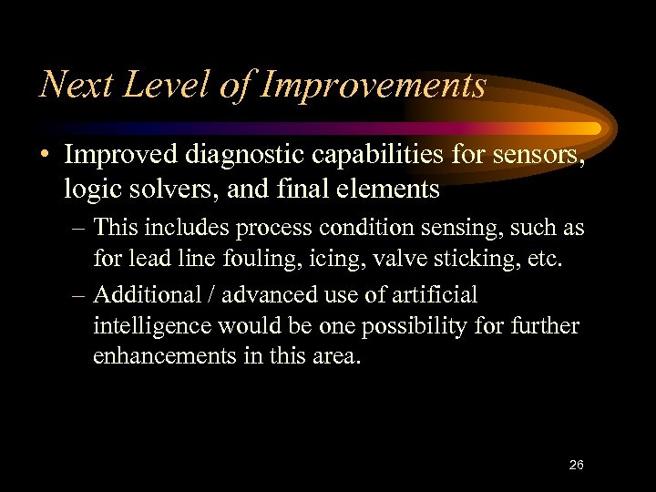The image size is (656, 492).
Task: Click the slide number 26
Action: click(576, 465)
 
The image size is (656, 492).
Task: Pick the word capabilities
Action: click(404, 157)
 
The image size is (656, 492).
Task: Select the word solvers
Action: click(163, 190)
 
